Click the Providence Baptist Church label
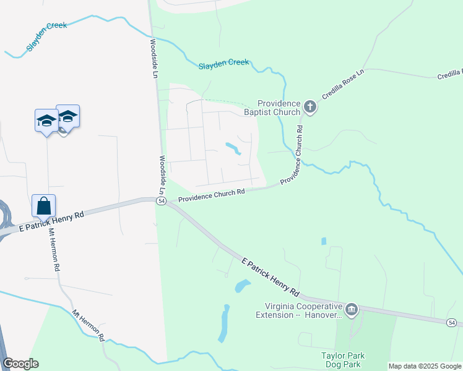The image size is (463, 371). coord(279,108)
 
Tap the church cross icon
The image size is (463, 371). coord(310,108)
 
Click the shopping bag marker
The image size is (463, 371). coord(44,206)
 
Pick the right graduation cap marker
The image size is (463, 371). coord(68,116)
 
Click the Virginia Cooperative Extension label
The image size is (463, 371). coord(299,310)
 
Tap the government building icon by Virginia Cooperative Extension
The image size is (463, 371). coord(352,309)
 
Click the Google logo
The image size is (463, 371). coord(20,364)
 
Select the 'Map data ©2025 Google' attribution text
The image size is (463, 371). coord(425,366)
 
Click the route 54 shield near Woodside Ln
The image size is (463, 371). coord(160,203)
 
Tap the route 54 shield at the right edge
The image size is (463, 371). coord(452,323)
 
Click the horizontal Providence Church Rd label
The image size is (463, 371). coord(212,195)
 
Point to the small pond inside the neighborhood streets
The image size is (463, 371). coord(233,148)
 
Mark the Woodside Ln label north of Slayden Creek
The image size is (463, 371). coord(155,58)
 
